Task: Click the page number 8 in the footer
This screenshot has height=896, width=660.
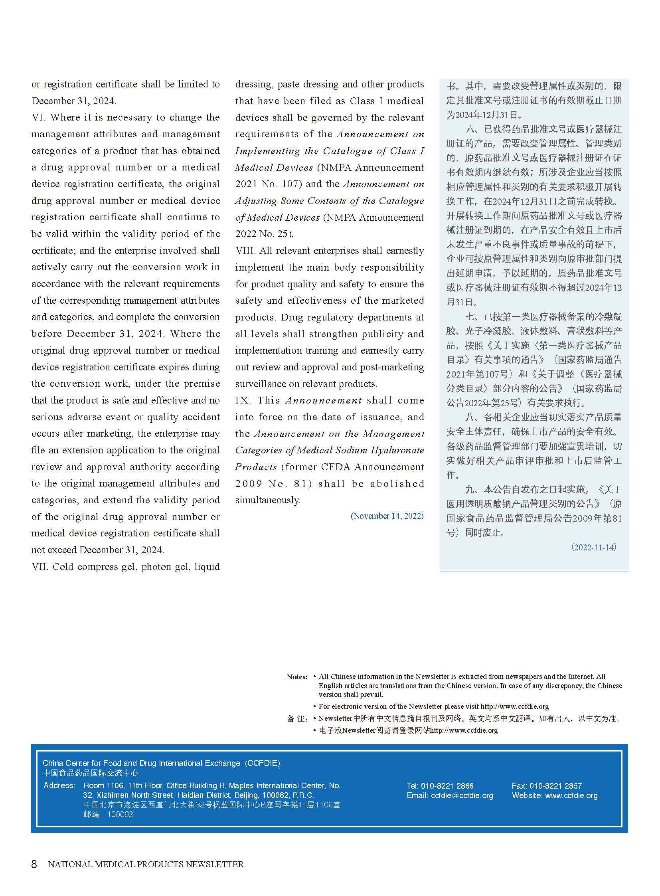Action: click(x=34, y=864)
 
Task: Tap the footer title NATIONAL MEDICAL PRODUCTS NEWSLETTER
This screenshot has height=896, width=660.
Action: click(x=146, y=864)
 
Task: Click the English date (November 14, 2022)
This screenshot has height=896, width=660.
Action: click(x=387, y=516)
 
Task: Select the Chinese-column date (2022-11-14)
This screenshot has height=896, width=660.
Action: click(x=593, y=547)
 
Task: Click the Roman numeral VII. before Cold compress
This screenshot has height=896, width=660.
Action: click(x=40, y=567)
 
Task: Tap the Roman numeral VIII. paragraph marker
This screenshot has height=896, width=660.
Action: click(x=245, y=251)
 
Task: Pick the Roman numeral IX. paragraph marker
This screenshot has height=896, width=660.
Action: click(x=243, y=400)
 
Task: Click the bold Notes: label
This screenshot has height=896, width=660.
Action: click(x=297, y=677)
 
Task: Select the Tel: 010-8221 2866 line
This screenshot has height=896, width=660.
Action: click(x=440, y=786)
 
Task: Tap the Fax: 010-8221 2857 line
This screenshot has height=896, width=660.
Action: click(x=547, y=786)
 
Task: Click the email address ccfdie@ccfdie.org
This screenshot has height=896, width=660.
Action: click(x=462, y=796)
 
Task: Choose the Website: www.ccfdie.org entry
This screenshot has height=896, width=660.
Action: click(x=555, y=796)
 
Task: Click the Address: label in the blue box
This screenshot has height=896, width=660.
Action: click(x=59, y=786)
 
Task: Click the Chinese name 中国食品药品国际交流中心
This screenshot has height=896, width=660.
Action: click(x=91, y=773)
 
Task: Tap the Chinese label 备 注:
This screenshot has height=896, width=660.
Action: click(x=297, y=719)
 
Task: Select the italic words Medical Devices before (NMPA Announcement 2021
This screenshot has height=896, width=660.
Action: click(x=274, y=168)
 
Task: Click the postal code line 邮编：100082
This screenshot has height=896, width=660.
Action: click(x=108, y=815)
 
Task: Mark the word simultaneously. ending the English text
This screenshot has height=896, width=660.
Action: click(x=268, y=500)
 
